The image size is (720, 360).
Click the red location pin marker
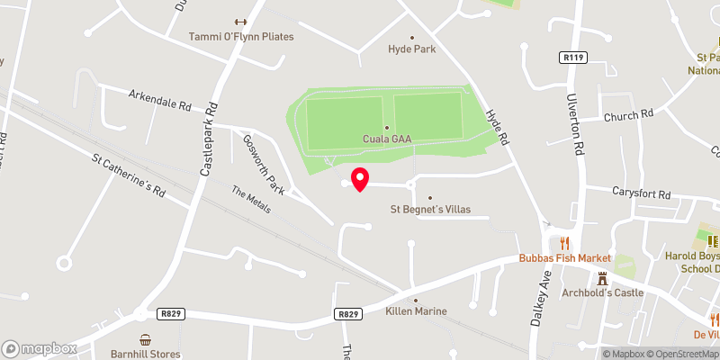click(360, 178)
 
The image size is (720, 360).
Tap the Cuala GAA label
click(387, 139)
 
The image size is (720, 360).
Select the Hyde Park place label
click(411, 49)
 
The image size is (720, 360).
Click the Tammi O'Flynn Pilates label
click(241, 37)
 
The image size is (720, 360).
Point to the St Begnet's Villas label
click(429, 210)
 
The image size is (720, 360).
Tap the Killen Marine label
click(416, 311)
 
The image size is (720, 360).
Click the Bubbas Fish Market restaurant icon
click(565, 242)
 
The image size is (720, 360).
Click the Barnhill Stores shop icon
click(145, 339)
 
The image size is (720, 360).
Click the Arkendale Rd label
click(160, 99)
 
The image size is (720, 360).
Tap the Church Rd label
click(628, 115)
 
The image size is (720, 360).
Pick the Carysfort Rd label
click(641, 193)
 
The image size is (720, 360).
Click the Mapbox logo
click(39, 348)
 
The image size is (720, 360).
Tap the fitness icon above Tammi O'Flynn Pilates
click(240, 22)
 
